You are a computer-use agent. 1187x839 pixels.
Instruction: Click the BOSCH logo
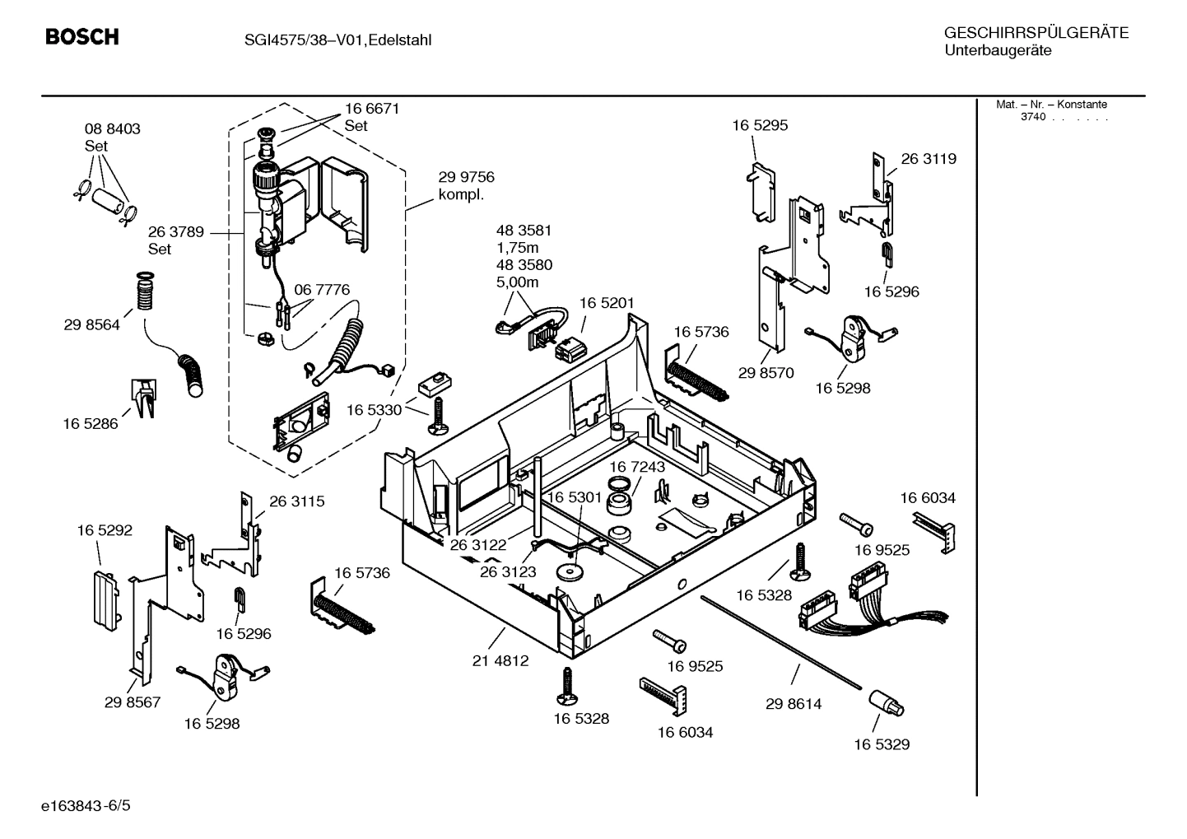81,37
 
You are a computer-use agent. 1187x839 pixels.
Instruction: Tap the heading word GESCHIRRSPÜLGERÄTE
1036,33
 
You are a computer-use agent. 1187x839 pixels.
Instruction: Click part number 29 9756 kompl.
466,185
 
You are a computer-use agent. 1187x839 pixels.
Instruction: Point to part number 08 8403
112,129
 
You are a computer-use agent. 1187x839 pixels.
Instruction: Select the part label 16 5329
881,744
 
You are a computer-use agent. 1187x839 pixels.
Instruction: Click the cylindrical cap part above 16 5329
886,705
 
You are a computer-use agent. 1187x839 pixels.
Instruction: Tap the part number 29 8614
793,704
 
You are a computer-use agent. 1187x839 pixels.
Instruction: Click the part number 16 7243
637,467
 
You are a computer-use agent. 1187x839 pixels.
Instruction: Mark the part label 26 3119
929,159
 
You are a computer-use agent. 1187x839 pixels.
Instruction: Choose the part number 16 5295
759,125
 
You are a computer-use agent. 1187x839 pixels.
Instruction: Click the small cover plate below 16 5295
761,193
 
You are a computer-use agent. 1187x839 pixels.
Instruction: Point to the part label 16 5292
105,530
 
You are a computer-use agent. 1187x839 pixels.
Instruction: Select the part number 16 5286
90,424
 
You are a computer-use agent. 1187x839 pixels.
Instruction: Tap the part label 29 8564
91,324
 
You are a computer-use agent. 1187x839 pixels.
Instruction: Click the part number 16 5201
607,303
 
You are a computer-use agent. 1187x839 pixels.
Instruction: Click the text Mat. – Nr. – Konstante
1051,105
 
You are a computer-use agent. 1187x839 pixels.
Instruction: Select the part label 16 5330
374,409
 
